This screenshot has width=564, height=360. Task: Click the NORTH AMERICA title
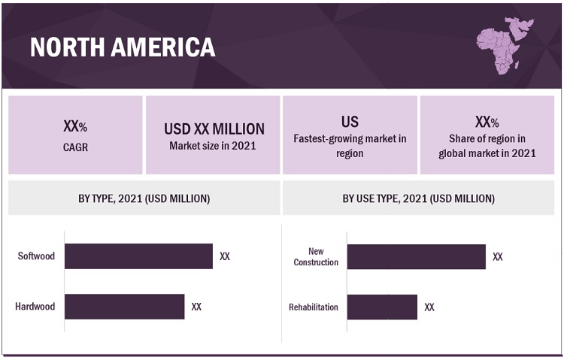tap(123, 47)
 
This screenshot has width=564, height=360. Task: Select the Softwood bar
tap(138, 256)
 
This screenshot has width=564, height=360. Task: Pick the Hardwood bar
tap(124, 307)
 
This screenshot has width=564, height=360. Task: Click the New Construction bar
tap(416, 256)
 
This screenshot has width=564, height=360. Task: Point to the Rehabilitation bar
tap(381, 307)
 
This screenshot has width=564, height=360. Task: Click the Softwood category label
tap(36, 256)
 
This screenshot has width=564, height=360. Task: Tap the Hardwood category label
tap(35, 307)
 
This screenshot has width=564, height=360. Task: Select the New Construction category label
tap(316, 256)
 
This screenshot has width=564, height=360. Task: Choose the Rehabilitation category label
tap(314, 307)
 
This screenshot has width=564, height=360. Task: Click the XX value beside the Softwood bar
tap(225, 256)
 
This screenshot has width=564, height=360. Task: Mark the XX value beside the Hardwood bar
tap(196, 307)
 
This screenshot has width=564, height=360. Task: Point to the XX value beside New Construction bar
tap(498, 256)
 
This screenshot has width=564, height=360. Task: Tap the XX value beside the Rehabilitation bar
tap(429, 307)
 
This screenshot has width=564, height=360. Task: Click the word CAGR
tap(75, 147)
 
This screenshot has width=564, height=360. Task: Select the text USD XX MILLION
tap(214, 129)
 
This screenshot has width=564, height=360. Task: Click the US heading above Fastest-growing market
tap(350, 122)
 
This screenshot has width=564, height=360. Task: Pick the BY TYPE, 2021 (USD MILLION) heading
tap(144, 198)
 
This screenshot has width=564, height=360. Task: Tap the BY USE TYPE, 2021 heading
tap(419, 198)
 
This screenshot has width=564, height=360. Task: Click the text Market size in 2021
tap(213, 146)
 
